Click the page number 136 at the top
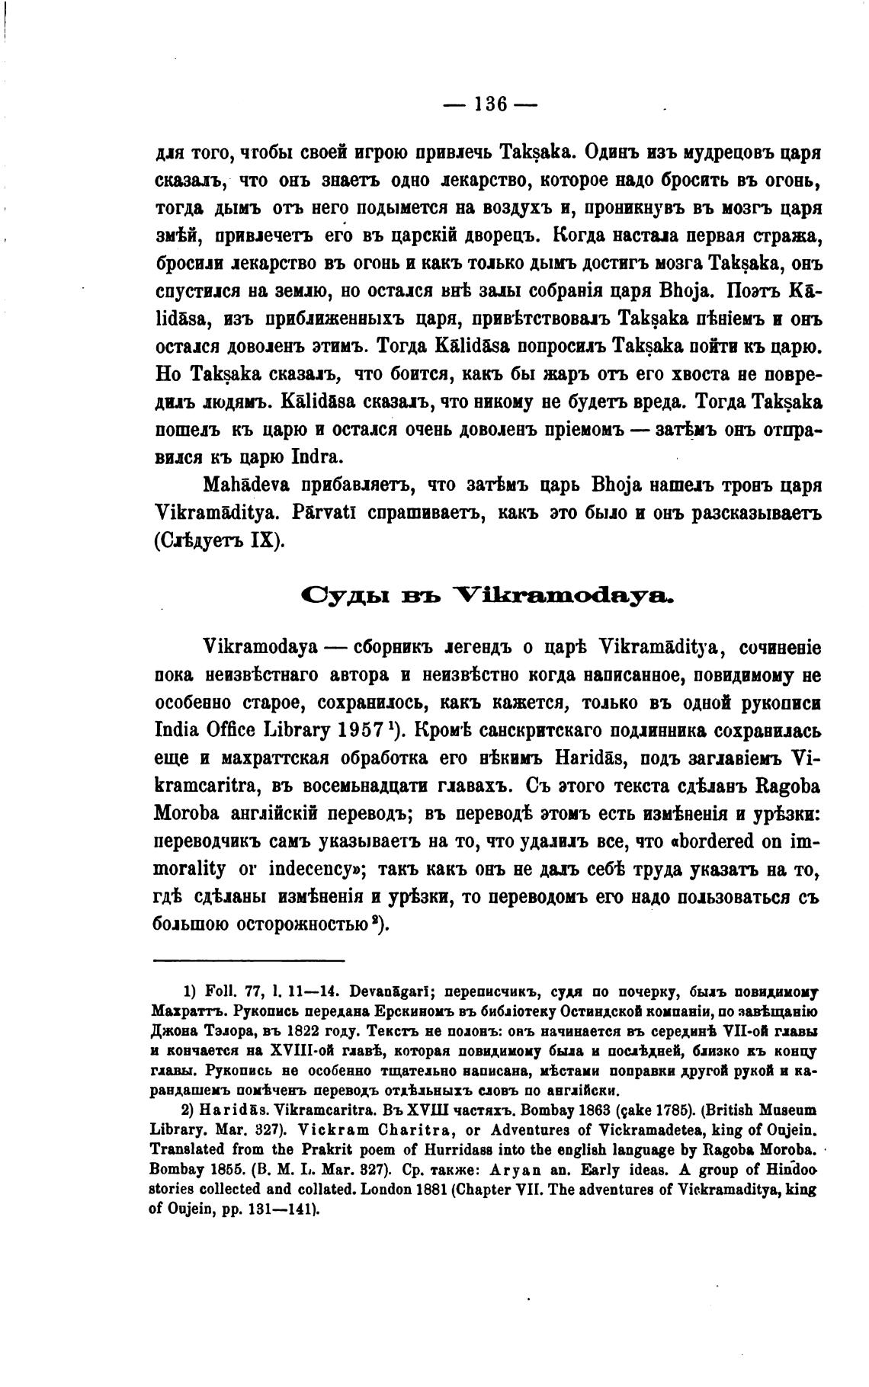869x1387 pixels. click(489, 104)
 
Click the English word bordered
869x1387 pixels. click(714, 841)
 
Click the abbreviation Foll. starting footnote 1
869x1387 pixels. click(220, 992)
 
